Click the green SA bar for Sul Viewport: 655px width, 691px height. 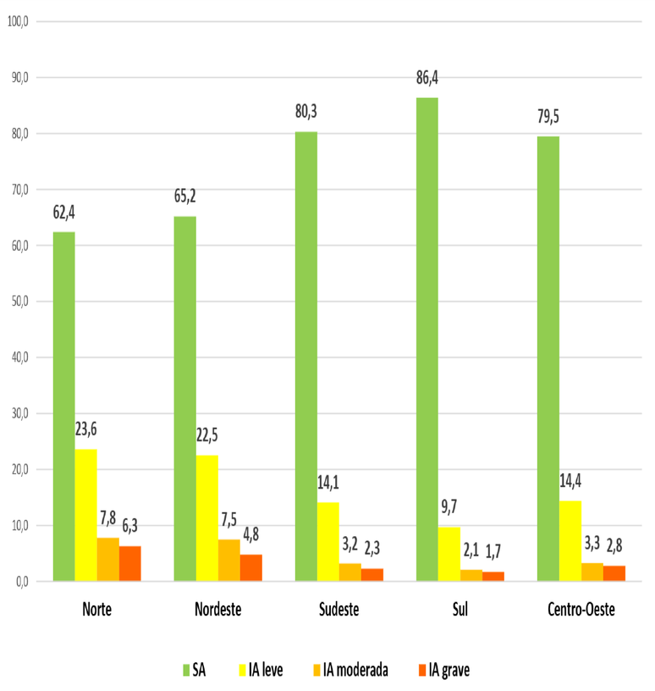click(x=427, y=339)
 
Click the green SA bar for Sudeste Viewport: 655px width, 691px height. click(x=306, y=356)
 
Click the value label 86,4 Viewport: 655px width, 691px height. click(x=427, y=79)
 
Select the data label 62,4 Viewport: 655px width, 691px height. click(x=63, y=213)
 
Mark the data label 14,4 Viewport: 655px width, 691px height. click(x=570, y=482)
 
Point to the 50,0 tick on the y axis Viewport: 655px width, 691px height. click(x=19, y=301)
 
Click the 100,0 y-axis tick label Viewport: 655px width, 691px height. click(x=17, y=21)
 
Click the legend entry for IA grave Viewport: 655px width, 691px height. click(x=443, y=670)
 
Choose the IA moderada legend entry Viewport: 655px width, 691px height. click(x=349, y=670)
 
